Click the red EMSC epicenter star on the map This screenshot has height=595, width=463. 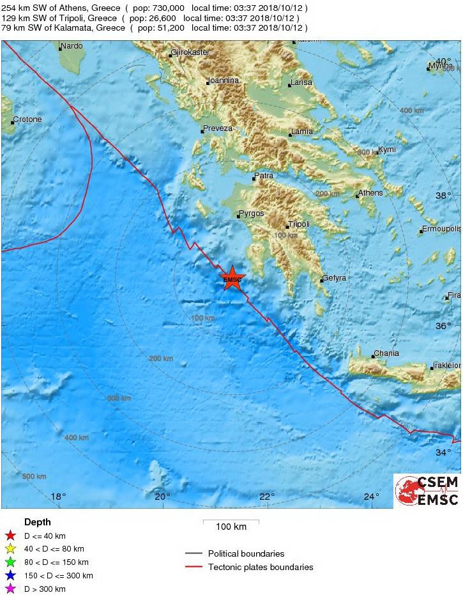coord(232,279)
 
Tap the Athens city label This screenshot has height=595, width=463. coord(370,193)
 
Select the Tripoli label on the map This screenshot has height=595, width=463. coord(299,224)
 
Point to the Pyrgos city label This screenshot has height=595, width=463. coord(251,213)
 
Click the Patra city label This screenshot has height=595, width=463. coord(264,176)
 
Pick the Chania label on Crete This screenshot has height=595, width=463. coord(386,353)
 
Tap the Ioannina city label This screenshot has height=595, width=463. coord(223,81)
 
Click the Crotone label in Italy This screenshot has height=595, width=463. coord(27,120)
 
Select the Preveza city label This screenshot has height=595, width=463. coord(217,128)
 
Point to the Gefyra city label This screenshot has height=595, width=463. coord(334,278)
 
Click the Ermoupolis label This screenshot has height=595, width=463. coord(441,228)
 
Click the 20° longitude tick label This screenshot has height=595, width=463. coord(162,497)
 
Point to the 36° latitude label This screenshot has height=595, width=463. coord(443,326)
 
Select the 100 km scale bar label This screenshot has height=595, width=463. coord(231,527)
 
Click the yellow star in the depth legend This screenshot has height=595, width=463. coord(10,549)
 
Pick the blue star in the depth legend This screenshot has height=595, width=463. coord(10,576)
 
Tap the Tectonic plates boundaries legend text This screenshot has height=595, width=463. coord(261,567)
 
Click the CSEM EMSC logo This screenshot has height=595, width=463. coord(427,491)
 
